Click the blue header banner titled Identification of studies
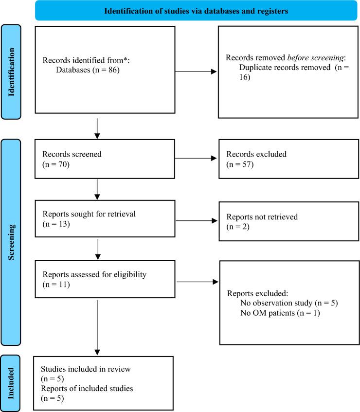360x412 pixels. tap(196, 11)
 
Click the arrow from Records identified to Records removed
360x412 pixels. tap(196, 72)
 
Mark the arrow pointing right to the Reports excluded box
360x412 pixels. tap(197, 281)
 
